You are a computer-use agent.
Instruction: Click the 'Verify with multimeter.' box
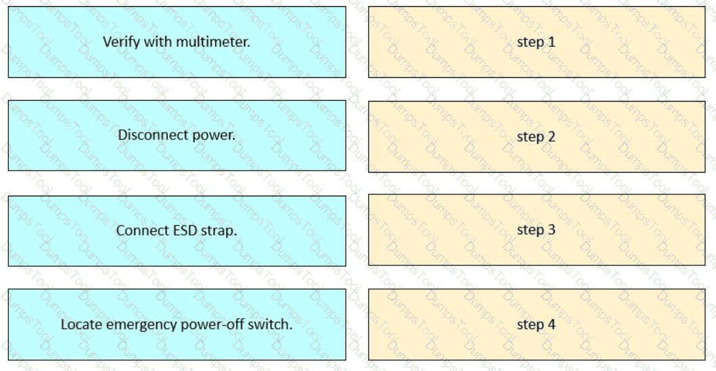coord(177,42)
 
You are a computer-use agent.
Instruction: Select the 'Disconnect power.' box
coord(177,135)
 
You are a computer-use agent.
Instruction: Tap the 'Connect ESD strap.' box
coord(177,231)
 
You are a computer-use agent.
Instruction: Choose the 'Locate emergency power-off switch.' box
coord(177,324)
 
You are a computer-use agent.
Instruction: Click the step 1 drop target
coord(537,42)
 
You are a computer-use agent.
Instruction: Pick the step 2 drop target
coord(537,137)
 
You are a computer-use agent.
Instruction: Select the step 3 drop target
coord(537,230)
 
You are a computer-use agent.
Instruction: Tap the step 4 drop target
coord(537,324)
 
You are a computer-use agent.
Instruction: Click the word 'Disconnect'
coord(146,135)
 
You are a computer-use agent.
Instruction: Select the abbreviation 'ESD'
coord(186,231)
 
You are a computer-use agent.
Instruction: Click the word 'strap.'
coord(219,231)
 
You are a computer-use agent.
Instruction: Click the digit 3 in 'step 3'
coord(552,230)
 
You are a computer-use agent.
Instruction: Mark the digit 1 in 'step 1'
coord(552,42)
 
